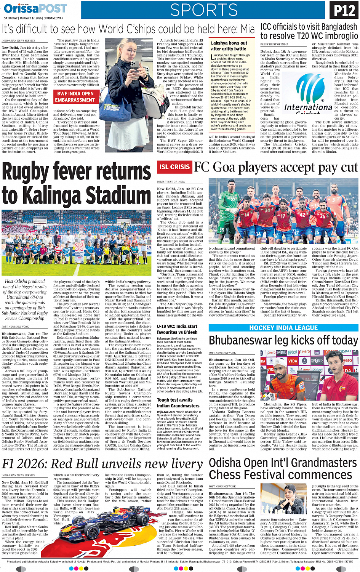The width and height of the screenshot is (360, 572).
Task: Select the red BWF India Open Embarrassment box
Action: click(75, 97)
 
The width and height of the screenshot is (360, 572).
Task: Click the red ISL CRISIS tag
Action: click(174, 167)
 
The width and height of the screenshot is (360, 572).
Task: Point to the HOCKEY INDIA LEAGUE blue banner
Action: click(283, 328)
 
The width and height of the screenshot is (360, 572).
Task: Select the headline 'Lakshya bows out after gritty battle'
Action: click(229, 46)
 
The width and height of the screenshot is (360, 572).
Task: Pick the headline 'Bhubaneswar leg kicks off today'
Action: click(283, 340)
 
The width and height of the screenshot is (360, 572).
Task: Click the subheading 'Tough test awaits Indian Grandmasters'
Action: click(175, 403)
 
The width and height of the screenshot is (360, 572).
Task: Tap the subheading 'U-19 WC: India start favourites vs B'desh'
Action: click(177, 329)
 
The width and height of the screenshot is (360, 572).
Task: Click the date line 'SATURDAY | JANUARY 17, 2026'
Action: click(34, 18)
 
